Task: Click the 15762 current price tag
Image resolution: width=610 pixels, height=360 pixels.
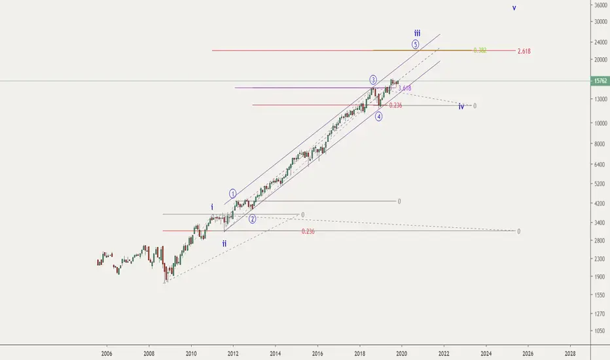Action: pos(599,81)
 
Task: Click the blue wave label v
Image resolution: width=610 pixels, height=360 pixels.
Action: pos(514,8)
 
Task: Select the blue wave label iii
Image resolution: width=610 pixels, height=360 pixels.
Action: pos(417,32)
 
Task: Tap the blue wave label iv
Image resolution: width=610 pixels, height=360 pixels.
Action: pos(461,106)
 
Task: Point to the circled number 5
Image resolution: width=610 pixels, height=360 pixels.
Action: pos(415,44)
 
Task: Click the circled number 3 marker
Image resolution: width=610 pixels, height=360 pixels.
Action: pos(373,79)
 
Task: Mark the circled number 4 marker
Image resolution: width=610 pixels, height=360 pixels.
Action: pos(379,117)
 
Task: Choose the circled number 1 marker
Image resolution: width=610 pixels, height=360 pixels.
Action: pos(232,193)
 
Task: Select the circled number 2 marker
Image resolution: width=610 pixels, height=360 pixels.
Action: pos(252,219)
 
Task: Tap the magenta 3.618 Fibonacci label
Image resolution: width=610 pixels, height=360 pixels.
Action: pos(404,88)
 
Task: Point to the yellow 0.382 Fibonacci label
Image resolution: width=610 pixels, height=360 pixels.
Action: pos(479,50)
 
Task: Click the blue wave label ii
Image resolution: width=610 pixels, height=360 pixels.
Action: pos(224,243)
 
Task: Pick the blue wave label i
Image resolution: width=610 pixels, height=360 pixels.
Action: pos(211,207)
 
